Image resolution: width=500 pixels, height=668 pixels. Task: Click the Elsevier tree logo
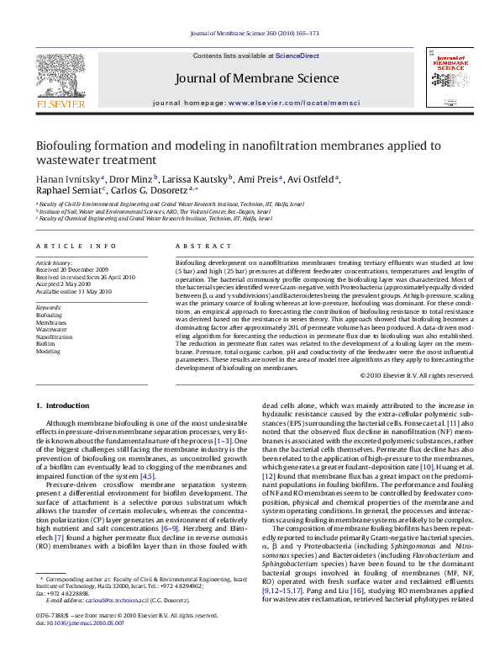pos(60,74)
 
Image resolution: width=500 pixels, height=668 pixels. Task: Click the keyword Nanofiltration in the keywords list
pos(54,337)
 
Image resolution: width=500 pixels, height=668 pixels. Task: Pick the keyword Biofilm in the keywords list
pos(47,344)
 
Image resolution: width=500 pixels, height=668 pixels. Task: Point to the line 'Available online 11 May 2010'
pos(73,291)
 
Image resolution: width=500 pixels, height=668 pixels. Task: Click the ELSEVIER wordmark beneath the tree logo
pos(60,105)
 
